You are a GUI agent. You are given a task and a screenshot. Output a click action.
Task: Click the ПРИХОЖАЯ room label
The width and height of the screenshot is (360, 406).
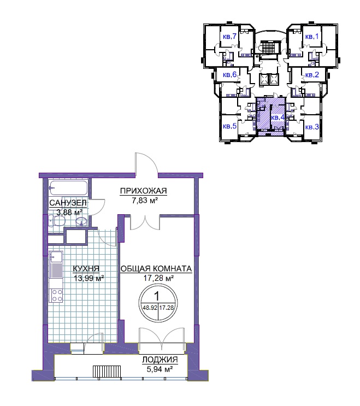(144, 191)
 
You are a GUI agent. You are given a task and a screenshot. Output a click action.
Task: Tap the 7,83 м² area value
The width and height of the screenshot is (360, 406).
(145, 201)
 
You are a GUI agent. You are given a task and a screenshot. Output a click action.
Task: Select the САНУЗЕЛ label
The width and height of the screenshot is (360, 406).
(68, 203)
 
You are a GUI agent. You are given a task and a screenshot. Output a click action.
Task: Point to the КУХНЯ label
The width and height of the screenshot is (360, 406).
(86, 268)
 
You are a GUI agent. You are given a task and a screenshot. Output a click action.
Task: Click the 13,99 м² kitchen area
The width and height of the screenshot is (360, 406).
(88, 278)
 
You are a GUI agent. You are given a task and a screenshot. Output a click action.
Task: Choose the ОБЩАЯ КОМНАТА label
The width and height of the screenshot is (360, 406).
(156, 268)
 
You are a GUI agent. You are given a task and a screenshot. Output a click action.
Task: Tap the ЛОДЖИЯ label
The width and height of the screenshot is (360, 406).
(160, 360)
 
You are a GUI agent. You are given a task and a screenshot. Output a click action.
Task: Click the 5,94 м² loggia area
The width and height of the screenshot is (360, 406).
(160, 369)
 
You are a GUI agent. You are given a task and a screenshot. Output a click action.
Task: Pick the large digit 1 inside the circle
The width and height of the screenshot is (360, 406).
(157, 296)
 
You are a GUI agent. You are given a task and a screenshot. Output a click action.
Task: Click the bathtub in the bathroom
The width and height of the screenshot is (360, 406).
(68, 188)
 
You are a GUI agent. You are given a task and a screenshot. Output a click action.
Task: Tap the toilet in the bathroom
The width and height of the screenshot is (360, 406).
(57, 221)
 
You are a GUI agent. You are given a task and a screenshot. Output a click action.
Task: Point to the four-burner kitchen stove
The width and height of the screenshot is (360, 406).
(57, 296)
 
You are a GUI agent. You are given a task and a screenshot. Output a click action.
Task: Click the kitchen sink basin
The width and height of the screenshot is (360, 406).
(56, 257)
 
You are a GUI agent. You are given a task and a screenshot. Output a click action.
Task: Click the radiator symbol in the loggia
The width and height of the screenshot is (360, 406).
(107, 372)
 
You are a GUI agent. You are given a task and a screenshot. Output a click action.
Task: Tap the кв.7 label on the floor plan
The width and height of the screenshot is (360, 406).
(229, 37)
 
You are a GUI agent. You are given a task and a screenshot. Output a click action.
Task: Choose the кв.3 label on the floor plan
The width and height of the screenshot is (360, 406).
(312, 127)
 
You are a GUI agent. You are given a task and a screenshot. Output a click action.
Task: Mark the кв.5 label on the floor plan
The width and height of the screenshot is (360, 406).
(229, 126)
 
